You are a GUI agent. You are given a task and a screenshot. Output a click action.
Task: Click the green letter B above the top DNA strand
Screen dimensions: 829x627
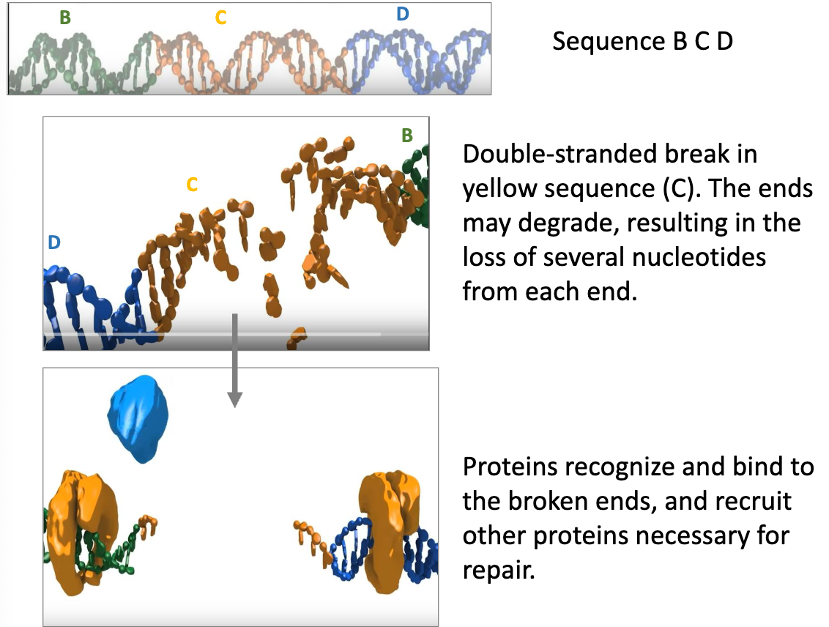(x=65, y=18)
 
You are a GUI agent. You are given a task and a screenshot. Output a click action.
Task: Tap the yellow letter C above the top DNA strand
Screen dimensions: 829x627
(x=220, y=18)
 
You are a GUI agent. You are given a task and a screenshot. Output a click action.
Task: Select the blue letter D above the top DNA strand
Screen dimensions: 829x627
(x=403, y=14)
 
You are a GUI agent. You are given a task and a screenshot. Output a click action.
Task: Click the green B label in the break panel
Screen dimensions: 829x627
(x=407, y=136)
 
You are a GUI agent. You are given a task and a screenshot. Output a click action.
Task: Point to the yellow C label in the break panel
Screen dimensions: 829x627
(x=192, y=185)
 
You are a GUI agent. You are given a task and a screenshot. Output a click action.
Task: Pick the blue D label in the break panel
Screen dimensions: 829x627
(x=54, y=242)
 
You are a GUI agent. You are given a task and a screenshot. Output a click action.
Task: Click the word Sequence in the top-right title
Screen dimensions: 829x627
(x=609, y=42)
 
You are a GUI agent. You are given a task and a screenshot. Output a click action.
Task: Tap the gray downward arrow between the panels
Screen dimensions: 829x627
(x=235, y=360)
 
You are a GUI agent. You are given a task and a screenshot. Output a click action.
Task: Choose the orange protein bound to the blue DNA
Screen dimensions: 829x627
(x=389, y=531)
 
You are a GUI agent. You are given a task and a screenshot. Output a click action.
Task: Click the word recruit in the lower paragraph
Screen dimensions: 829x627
(x=754, y=501)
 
